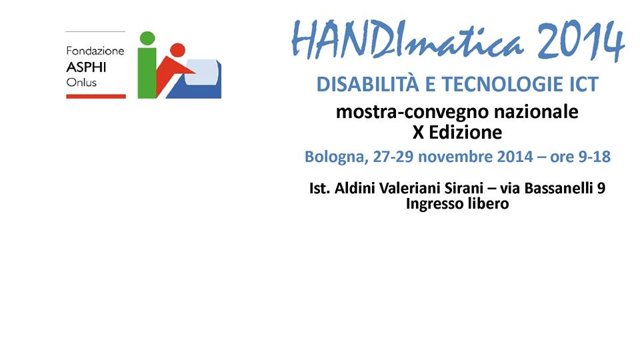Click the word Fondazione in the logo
tap(95, 51)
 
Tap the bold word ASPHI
tap(86, 67)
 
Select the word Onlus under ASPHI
tap(81, 83)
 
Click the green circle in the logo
tap(147, 39)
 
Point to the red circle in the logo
tap(177, 50)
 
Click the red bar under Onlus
tap(96, 96)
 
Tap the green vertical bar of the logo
tap(147, 73)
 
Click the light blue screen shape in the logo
tap(201, 72)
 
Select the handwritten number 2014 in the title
tap(581, 41)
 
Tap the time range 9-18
tap(595, 157)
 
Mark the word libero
tap(488, 203)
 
